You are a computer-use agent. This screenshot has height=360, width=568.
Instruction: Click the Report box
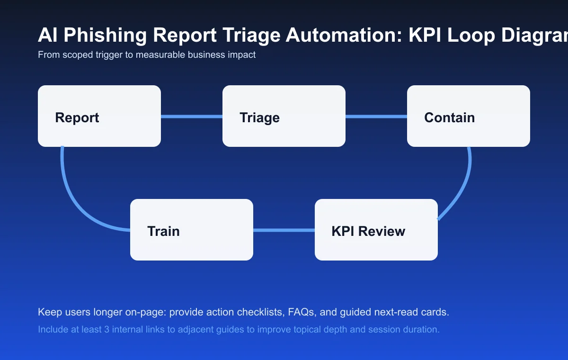(99, 116)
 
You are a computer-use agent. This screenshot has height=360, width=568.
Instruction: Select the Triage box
(284, 116)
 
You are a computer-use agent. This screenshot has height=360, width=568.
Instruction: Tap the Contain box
(469, 116)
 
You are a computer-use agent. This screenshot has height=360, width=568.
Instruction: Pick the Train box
(192, 230)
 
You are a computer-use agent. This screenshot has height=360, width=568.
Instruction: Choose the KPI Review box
(376, 230)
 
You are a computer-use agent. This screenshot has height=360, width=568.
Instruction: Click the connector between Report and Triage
(192, 117)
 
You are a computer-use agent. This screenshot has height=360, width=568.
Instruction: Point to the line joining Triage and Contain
(376, 117)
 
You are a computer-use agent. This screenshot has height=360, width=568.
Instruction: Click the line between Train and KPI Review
(284, 230)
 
